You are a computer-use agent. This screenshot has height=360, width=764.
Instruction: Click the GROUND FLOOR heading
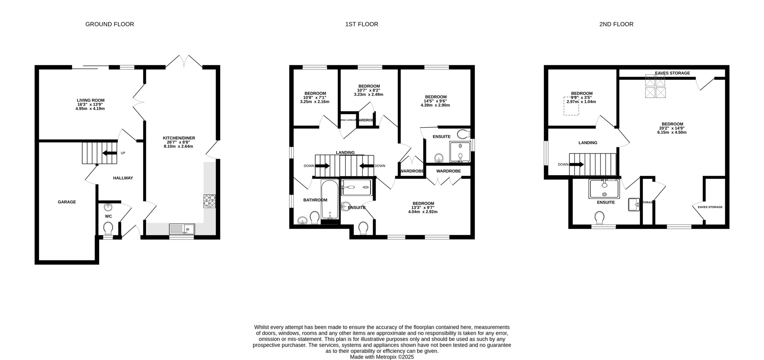point(110,24)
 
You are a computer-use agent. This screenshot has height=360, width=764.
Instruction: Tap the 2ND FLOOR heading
point(616,24)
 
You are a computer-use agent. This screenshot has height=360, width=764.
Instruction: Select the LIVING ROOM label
point(91,100)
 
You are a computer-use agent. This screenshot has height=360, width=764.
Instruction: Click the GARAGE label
point(67,202)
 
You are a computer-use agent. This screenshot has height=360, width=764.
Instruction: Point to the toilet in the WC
point(108,227)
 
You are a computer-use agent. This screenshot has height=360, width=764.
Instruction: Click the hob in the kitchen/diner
point(210,201)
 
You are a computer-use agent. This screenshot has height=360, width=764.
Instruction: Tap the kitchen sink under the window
point(182,229)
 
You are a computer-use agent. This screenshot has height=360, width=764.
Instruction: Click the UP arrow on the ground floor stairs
point(109,153)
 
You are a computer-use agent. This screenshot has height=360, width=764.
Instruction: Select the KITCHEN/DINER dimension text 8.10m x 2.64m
point(178,147)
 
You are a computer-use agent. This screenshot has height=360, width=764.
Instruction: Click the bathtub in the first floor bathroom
point(330,200)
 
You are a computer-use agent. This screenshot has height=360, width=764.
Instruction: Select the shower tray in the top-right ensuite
point(460,152)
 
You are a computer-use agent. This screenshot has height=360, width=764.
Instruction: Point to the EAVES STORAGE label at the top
point(672,73)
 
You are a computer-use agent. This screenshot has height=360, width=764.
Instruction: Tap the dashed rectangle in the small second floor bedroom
point(571,106)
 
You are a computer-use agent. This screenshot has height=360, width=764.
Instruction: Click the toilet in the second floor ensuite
point(599,217)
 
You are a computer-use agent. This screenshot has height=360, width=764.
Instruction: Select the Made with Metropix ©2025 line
point(382,357)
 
